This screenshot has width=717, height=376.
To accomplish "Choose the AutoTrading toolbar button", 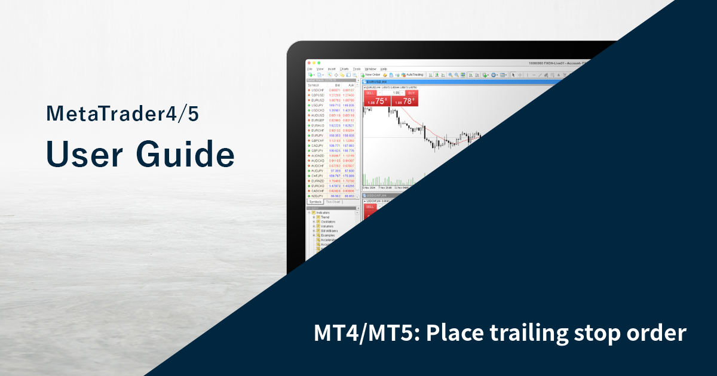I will pyautogui.click(x=412, y=75).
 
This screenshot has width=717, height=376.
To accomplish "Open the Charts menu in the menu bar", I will pyautogui.click(x=344, y=69).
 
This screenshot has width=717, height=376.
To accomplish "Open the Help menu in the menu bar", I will pyautogui.click(x=384, y=69).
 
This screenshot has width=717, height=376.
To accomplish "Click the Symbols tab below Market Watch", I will pyautogui.click(x=315, y=202).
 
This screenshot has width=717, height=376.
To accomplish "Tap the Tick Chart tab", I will pyautogui.click(x=333, y=202).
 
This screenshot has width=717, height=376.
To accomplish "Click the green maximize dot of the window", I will pyautogui.click(x=320, y=63).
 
